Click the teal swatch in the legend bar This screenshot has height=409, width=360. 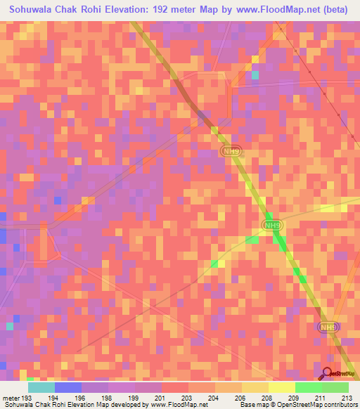(41, 387)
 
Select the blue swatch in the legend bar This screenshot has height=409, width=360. (68, 387)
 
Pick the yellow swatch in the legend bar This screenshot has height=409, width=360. (282, 387)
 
